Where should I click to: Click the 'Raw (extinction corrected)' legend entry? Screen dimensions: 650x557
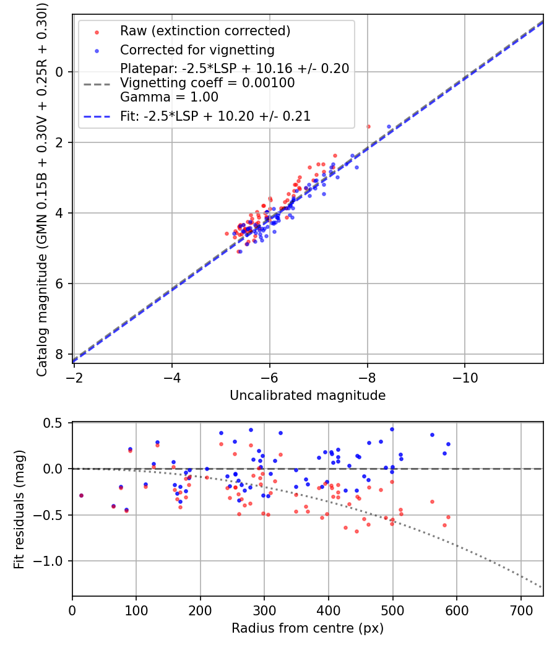(x=205, y=31)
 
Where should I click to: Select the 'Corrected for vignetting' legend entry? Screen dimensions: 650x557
(x=197, y=50)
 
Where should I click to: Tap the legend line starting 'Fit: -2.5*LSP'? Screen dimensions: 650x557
(x=215, y=116)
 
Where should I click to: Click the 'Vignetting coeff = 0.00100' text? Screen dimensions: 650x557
(x=207, y=83)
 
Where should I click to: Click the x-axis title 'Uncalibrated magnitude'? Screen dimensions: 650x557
(x=308, y=396)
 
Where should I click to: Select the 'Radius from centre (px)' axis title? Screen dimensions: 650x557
(x=308, y=628)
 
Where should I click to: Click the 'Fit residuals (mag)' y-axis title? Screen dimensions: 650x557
(x=19, y=509)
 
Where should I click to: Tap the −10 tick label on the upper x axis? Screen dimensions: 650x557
(x=464, y=378)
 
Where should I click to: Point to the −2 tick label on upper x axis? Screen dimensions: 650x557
(x=74, y=378)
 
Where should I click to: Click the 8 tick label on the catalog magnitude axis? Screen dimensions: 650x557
(x=60, y=354)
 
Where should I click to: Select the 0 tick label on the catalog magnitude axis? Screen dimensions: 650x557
(x=60, y=72)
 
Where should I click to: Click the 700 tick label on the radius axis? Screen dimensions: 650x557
(x=520, y=611)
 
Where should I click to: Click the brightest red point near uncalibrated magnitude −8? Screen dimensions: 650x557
(x=368, y=126)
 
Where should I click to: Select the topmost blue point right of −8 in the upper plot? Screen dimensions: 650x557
(x=389, y=126)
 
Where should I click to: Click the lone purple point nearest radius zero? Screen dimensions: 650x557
(x=81, y=495)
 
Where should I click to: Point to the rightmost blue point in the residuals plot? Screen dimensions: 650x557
(x=448, y=444)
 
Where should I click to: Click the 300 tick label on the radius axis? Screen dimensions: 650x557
(x=264, y=611)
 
